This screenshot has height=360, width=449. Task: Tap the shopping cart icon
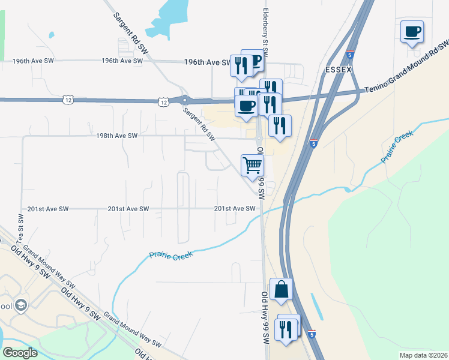point(252,164)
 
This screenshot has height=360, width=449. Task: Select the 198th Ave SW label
point(116,136)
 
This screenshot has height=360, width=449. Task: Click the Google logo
point(20,352)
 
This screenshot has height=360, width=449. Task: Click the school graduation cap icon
point(21,305)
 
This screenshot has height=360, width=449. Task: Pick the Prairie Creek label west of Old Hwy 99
point(172,256)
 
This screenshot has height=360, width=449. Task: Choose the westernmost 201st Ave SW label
point(48,209)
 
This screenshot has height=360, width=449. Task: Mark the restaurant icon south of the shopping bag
point(285,329)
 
